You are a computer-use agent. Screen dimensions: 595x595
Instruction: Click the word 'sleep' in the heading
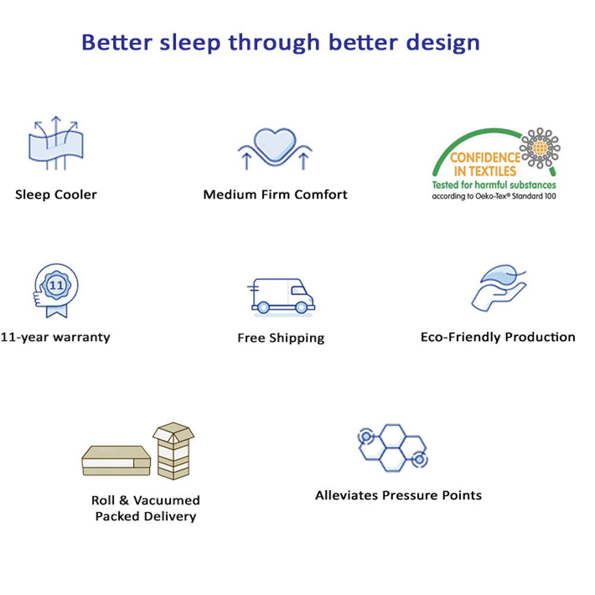click(190, 43)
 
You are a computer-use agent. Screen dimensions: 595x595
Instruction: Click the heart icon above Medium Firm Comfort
click(275, 145)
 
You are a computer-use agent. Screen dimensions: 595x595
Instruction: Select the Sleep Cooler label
click(56, 195)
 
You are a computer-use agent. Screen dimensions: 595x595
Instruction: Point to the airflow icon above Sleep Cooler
click(56, 143)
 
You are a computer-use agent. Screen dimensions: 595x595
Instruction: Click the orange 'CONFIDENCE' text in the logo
click(485, 158)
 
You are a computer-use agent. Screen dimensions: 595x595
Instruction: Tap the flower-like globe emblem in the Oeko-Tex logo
click(540, 148)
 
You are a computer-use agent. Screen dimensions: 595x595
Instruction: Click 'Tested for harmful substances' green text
click(494, 185)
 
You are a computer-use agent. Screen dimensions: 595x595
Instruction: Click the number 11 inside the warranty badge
click(57, 285)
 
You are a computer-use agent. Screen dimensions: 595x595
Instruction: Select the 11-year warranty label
click(55, 337)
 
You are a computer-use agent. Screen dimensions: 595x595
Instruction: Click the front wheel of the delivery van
click(302, 307)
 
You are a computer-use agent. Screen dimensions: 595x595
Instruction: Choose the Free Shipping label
click(281, 338)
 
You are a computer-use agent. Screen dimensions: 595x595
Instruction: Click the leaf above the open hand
click(501, 274)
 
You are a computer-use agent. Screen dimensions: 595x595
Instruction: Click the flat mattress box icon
click(116, 461)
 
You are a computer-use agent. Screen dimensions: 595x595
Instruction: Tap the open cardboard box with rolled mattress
click(173, 451)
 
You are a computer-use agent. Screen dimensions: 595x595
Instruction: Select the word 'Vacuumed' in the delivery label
click(167, 500)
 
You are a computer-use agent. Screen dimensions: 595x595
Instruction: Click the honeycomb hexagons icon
click(393, 448)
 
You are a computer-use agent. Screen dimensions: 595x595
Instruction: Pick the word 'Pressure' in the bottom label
click(410, 495)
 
